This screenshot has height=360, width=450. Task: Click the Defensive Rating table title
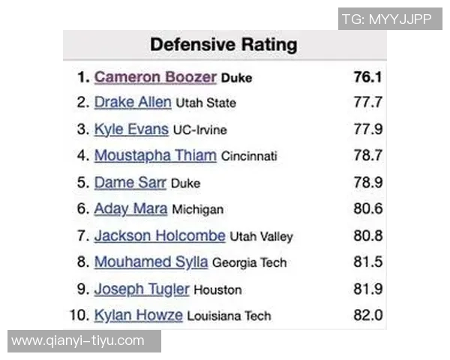tap(223, 44)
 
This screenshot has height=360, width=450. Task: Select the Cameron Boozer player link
tap(155, 77)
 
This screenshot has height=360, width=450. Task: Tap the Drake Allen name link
tap(133, 102)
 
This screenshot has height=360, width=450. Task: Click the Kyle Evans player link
tap(131, 129)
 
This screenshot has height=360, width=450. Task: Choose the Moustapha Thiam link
tap(155, 156)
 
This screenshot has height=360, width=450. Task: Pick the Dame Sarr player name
tap(130, 182)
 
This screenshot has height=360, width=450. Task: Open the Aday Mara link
tap(130, 209)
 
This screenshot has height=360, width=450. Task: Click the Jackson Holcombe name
tap(160, 235)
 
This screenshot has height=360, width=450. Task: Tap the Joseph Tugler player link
tap(142, 289)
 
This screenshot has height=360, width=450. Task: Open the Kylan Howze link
tap(139, 315)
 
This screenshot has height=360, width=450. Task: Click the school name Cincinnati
tap(249, 157)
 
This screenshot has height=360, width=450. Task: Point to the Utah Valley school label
tap(261, 237)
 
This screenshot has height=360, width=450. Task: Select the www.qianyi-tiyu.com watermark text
tap(78, 341)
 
